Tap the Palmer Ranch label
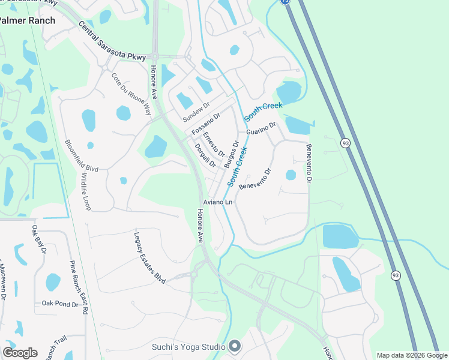pos(28,20)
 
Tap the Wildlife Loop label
pos(86,191)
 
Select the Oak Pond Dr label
pos(60,305)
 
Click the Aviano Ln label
pos(217,202)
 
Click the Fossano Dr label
pos(206,123)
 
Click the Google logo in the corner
pos(20,352)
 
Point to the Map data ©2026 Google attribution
pos(412,355)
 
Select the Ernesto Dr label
pos(214,144)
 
